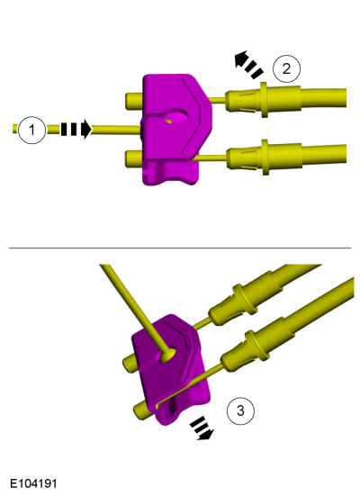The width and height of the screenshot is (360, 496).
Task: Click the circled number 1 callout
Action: point(31,130)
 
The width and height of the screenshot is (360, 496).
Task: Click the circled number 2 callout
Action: point(286,68)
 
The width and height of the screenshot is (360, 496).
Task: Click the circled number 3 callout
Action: point(240,410)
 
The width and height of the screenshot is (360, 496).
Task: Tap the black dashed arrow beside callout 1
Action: point(76,129)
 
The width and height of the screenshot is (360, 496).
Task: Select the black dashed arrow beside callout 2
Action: point(248,64)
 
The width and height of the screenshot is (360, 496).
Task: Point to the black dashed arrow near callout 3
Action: point(202,428)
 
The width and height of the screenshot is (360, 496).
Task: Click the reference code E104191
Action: point(33,483)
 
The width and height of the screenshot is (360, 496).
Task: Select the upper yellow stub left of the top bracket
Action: point(134,101)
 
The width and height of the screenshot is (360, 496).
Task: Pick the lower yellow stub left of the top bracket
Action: point(134,158)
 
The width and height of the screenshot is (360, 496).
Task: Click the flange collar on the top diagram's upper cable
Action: point(264,100)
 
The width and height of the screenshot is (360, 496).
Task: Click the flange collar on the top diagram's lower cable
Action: point(265,158)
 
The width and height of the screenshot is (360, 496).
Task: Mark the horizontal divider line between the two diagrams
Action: point(180,248)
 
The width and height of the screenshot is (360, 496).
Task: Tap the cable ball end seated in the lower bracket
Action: point(168,355)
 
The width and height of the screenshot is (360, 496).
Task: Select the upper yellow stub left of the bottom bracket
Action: point(129,363)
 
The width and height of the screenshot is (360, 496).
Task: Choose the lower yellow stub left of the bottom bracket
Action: point(142,410)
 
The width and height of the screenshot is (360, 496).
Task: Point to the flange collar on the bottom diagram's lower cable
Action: point(257,345)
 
